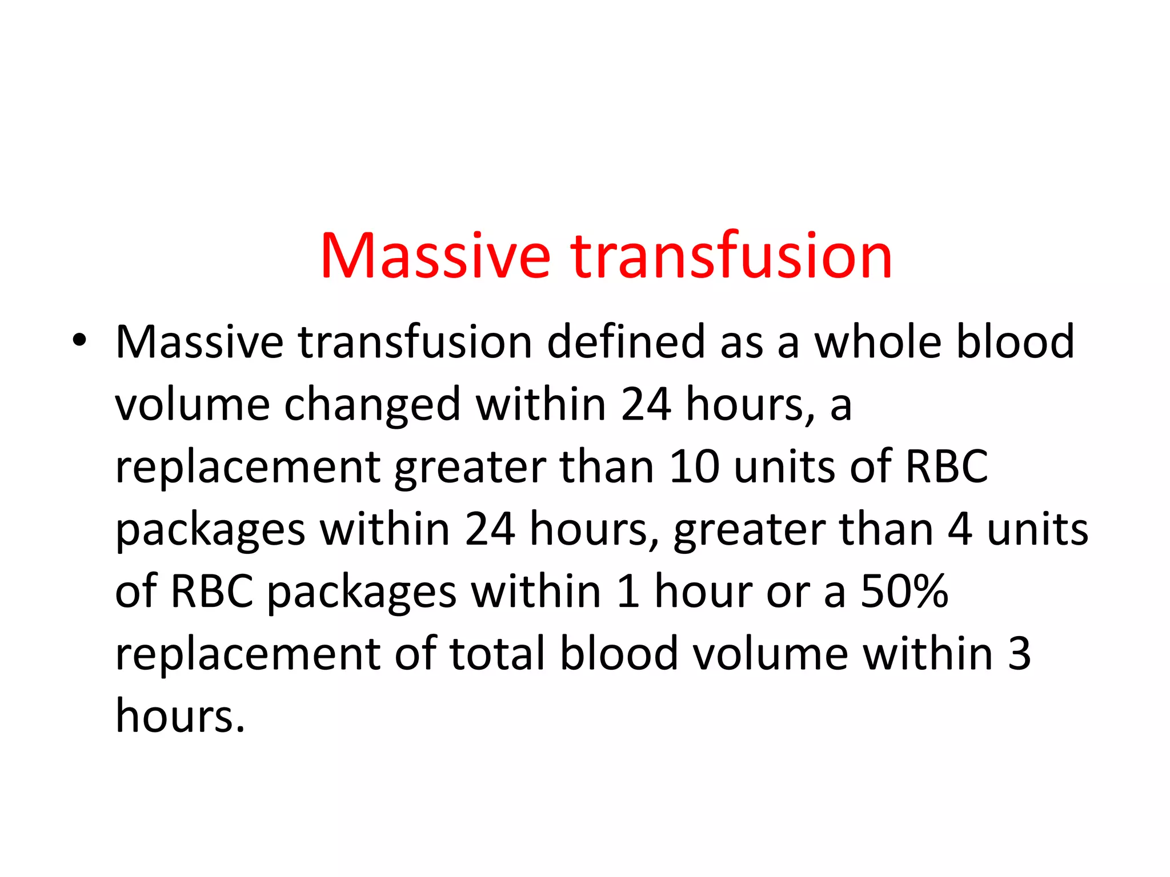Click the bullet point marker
(x=79, y=341)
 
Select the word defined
(x=626, y=342)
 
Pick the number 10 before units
(x=694, y=467)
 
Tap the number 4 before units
(x=960, y=529)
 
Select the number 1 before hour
(x=627, y=592)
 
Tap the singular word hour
(x=703, y=592)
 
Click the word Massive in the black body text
(x=199, y=342)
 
